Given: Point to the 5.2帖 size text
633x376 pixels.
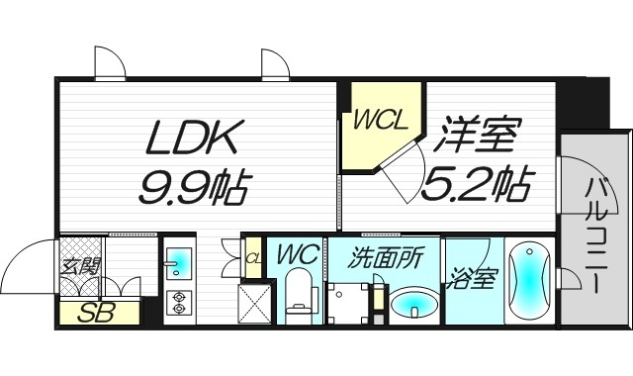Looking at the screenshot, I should [x=478, y=182].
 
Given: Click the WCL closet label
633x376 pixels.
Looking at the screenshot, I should [x=381, y=120].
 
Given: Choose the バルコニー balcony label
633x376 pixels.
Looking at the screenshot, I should [x=596, y=234].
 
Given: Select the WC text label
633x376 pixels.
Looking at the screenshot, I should [x=297, y=254].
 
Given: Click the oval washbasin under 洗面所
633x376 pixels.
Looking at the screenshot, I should [x=412, y=306].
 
